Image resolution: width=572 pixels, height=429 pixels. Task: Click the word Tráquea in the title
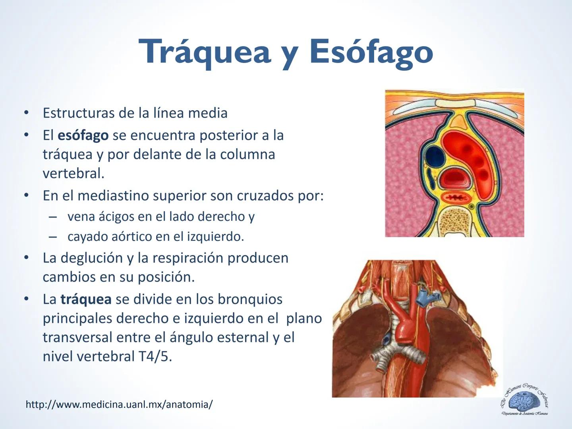coord(205,52)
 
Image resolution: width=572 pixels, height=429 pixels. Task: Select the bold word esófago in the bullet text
coord(83,135)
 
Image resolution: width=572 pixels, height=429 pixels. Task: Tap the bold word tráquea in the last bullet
coord(86,299)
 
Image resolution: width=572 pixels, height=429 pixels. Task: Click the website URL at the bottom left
coord(119,404)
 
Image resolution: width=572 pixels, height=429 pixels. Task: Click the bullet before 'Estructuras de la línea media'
coord(26,113)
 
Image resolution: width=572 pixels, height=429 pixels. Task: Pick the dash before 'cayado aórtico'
coord(53,237)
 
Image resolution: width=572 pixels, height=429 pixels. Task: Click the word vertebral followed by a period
coord(73,174)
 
